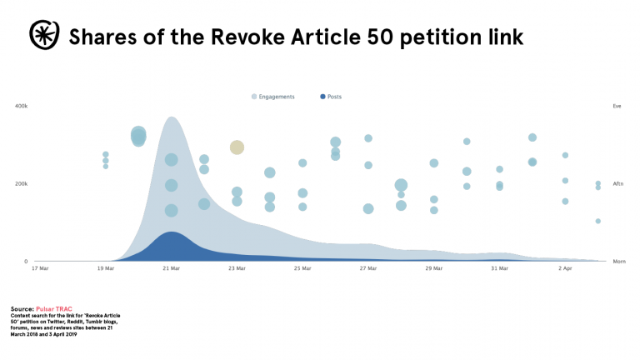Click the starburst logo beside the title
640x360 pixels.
tap(42, 35)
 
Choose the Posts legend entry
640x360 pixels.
tap(334, 97)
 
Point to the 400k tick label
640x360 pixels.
tap(21, 107)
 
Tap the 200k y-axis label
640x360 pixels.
tap(21, 183)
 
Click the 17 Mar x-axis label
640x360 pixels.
tap(40, 268)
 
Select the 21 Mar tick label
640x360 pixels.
tap(171, 268)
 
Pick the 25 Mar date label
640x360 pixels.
tap(302, 268)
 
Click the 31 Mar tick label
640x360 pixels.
tap(499, 268)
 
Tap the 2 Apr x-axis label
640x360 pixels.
tap(565, 268)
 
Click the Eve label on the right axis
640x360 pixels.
tap(617, 107)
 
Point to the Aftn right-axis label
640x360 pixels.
tap(617, 183)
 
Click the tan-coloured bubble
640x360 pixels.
tap(237, 147)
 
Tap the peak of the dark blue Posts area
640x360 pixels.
tap(171, 232)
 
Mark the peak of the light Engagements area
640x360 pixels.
tap(172, 117)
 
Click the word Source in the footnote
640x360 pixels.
tap(22, 308)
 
